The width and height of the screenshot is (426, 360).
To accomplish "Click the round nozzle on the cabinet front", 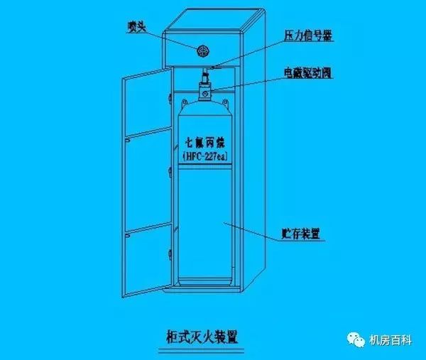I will coord(203,50).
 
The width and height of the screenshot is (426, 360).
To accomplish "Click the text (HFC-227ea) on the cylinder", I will coord(204,156).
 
